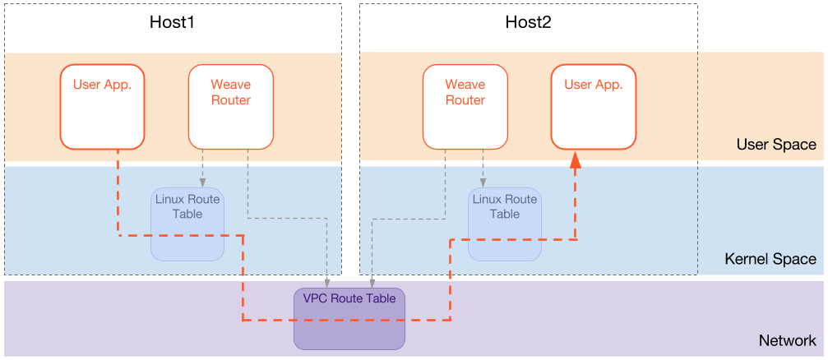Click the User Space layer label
coord(776,145)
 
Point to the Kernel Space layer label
coord(770,259)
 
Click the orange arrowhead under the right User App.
coord(576,163)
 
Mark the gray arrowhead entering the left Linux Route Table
coord(202,183)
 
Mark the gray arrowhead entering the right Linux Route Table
coord(483,183)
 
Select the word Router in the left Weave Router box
coord(230,100)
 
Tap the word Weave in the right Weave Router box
coord(465,84)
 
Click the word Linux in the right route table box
coord(487,199)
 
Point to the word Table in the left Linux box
coord(187,214)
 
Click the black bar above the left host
coord(173,27)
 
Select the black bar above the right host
coord(528,27)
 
